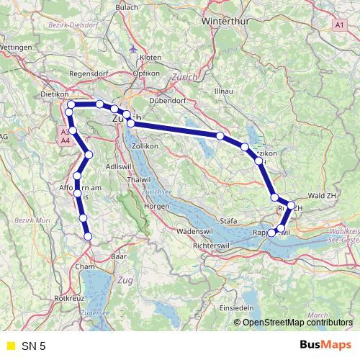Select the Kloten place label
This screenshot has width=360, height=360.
point(150,55)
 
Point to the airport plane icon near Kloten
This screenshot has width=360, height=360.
point(133,49)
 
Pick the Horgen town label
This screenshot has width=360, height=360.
point(156,206)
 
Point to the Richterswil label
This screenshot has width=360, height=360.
point(211,246)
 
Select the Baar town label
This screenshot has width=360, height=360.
point(120,256)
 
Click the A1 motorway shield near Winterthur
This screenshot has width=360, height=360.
point(339,24)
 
